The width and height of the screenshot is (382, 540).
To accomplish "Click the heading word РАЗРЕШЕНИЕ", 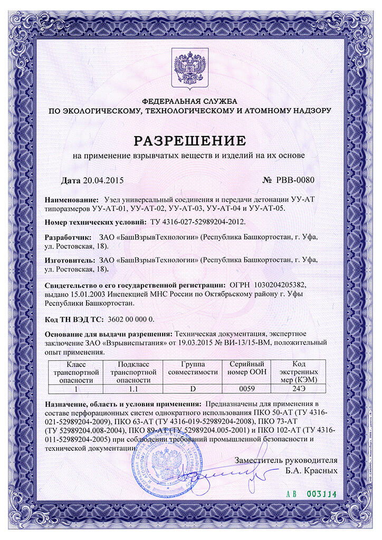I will (190, 140).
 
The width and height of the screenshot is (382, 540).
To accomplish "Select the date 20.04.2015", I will (103, 180).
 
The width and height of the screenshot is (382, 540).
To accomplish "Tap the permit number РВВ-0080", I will (295, 180).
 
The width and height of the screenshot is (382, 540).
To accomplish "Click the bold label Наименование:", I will (71, 200).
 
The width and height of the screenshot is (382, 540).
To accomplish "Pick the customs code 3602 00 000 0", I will (130, 320).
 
